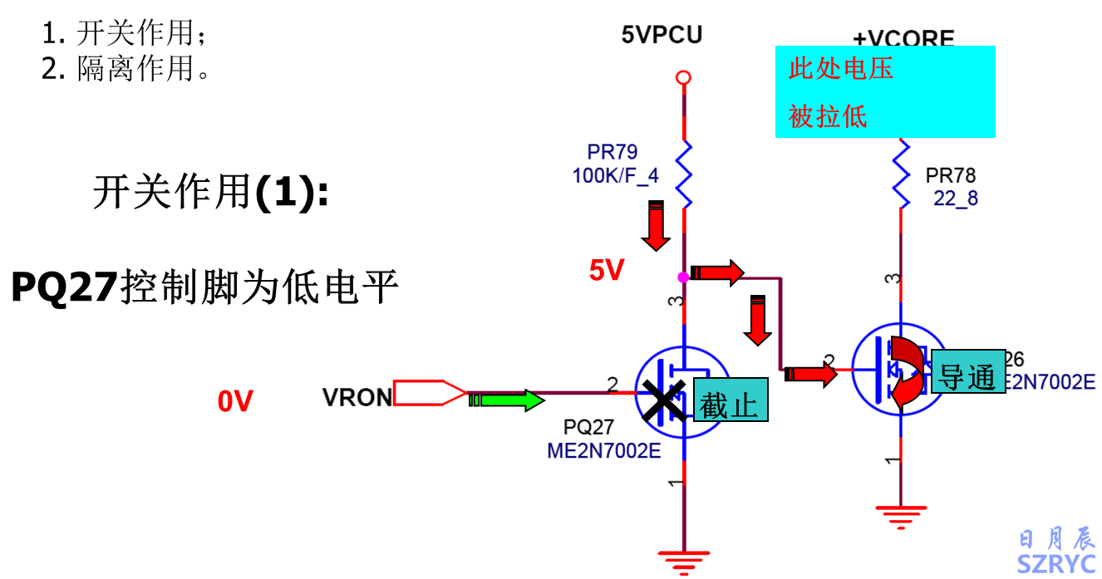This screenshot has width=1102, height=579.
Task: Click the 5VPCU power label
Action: pyautogui.click(x=662, y=35)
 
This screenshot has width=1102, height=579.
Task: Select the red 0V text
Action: pyautogui.click(x=235, y=401)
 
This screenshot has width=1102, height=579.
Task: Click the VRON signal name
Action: pyautogui.click(x=357, y=398)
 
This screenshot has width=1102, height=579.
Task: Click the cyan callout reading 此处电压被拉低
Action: pyautogui.click(x=885, y=91)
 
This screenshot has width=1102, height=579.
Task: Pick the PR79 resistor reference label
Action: pyautogui.click(x=612, y=152)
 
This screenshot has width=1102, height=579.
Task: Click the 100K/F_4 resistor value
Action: pyautogui.click(x=615, y=175)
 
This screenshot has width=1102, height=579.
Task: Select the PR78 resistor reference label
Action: pyautogui.click(x=951, y=176)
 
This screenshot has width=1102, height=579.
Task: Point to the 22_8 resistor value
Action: pyautogui.click(x=956, y=199)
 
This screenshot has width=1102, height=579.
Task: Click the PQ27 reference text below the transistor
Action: pyautogui.click(x=588, y=427)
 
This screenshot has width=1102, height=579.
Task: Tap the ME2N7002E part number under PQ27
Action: pyautogui.click(x=603, y=451)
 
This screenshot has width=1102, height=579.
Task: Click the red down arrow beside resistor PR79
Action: pyautogui.click(x=656, y=226)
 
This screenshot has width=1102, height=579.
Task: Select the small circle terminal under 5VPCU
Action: pyautogui.click(x=683, y=78)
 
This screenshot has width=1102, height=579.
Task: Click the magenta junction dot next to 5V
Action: pyautogui.click(x=682, y=277)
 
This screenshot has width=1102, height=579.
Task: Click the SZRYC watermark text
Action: pyautogui.click(x=1056, y=563)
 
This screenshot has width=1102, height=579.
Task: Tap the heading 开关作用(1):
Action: pyautogui.click(x=210, y=193)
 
